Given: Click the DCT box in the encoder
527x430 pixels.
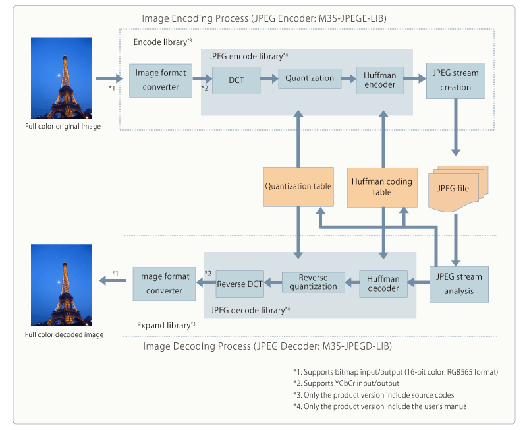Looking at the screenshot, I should coord(236,79).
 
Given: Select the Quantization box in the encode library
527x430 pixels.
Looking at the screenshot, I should coord(310,78).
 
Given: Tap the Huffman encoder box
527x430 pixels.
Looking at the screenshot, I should coord(379,80).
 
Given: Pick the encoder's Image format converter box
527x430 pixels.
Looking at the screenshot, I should coord(156,80).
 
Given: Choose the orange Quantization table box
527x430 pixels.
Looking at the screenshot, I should coord(298,186).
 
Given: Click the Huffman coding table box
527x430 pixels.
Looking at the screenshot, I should coord(381,187).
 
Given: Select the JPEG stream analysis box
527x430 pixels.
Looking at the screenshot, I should coord(459,284).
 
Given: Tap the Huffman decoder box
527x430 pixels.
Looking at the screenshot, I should coord(383,283).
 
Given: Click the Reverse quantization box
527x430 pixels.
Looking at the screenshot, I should coord(314,282).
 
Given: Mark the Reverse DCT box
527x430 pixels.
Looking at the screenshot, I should coord(240,284).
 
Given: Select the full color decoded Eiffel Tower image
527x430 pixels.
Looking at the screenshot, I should coord(63,286).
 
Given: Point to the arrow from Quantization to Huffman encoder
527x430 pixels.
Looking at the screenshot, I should coord(347,78).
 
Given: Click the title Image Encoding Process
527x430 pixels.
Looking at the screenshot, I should coord(264,18).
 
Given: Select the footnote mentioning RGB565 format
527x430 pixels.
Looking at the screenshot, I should coord(395,371).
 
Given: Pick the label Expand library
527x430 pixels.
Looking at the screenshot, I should coord(165,325).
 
